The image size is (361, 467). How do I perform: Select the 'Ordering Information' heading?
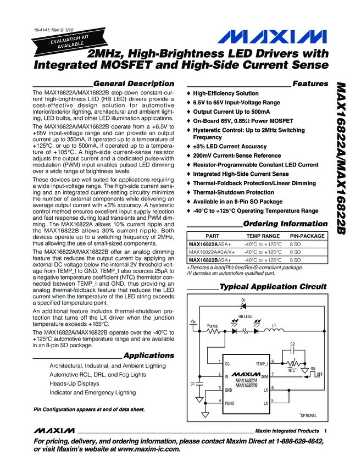pyautogui.click(x=285, y=224)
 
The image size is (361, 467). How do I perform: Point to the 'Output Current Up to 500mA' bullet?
pyautogui.click(x=231, y=112)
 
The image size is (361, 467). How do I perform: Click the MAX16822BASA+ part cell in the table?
pyautogui.click(x=210, y=259)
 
